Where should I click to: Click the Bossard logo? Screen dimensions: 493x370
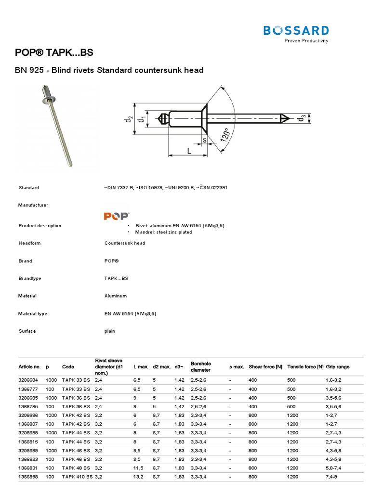296,32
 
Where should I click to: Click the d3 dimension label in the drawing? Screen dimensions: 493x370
302,118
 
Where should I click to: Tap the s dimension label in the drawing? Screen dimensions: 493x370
204,140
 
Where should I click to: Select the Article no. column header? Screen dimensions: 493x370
29,367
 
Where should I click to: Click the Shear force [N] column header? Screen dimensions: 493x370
265,367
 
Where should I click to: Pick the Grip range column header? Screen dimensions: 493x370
337,367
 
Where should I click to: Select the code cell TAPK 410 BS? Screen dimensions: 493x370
78,476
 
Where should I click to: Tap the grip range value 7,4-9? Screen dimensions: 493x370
332,476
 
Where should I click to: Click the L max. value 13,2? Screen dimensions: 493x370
138,476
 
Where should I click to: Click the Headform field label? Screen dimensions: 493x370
29,243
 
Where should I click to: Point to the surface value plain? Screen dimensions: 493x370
110,331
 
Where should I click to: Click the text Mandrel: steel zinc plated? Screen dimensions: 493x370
161,232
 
